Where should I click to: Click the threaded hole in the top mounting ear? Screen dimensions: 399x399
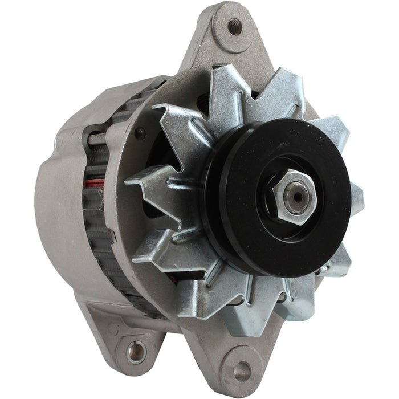click(x=234, y=26)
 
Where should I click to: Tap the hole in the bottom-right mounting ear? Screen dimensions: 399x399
click(x=242, y=371)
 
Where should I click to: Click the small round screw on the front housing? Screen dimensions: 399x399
click(x=140, y=133)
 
